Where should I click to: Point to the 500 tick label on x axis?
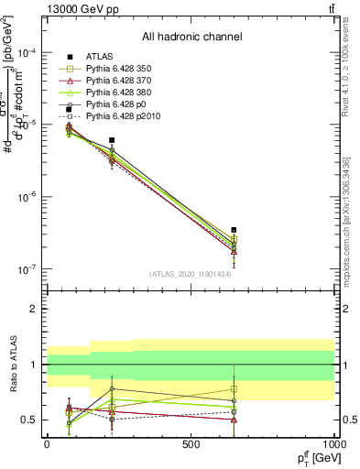[x=191, y=444]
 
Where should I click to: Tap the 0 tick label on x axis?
[x=47, y=444]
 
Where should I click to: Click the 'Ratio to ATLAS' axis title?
[x=12, y=364]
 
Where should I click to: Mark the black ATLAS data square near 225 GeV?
[x=112, y=140]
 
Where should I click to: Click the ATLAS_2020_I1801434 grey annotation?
[x=191, y=274]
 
